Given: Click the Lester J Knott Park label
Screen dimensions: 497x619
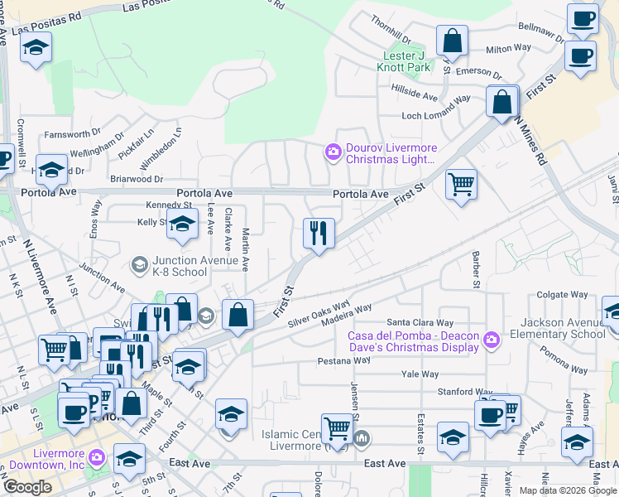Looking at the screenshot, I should [x=404, y=60].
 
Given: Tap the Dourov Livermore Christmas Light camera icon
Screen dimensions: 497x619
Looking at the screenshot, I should [x=333, y=150].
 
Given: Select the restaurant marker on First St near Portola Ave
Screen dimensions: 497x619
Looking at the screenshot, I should [x=319, y=234].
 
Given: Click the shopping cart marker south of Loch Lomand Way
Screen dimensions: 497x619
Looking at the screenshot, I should [x=462, y=184].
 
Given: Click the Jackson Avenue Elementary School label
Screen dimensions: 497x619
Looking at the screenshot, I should [x=563, y=328].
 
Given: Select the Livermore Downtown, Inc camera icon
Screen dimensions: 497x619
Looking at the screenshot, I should [x=98, y=456].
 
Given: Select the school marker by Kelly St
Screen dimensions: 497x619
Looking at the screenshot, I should [x=182, y=223].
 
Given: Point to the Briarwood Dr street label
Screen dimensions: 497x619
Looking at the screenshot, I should [x=137, y=178].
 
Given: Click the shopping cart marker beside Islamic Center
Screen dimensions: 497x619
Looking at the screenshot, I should [x=337, y=428].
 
